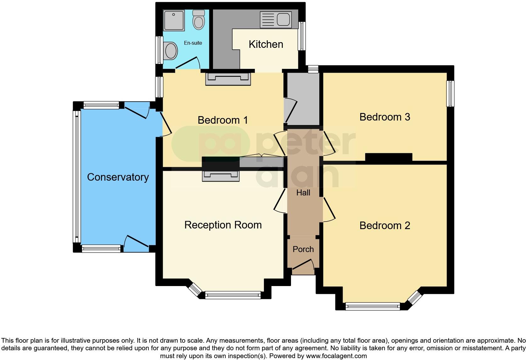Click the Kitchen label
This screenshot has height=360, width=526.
coord(266,44)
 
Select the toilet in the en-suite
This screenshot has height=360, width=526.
coord(199,20)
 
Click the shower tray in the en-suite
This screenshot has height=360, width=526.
coord(174,20)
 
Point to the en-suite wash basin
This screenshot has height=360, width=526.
coord(171,51)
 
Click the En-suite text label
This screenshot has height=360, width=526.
coord(193,43)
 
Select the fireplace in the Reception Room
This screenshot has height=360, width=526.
coord(221,176)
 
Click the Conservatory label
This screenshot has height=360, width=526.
coord(118,177)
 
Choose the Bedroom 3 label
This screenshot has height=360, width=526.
coord(384,117)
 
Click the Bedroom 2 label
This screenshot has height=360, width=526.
coord(384,226)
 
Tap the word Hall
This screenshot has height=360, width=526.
coord(303,193)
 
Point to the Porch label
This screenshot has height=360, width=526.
coord(303,249)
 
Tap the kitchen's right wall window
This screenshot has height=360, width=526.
coord(302,36)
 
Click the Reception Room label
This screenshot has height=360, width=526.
coord(223,225)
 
